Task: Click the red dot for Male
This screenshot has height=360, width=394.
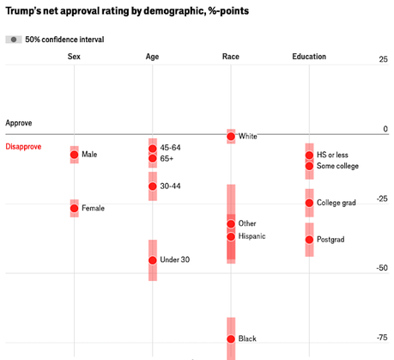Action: (75, 155)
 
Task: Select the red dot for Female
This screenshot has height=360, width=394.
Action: (75, 208)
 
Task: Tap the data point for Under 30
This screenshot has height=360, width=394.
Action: (153, 260)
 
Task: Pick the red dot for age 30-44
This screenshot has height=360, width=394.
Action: (153, 186)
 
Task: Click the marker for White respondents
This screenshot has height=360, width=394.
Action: (231, 136)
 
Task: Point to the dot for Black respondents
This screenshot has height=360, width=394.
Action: (231, 339)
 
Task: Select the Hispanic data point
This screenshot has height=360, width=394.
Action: (231, 236)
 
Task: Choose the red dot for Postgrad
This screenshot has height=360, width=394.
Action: (309, 240)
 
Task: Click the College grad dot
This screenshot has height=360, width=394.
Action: (309, 203)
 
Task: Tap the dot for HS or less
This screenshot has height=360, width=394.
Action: (309, 156)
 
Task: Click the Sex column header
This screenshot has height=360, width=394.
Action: (75, 57)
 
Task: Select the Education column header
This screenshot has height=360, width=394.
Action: (309, 57)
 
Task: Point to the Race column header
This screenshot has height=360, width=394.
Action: (231, 57)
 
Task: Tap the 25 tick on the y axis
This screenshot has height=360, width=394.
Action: (383, 59)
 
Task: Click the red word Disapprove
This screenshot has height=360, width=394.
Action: (24, 147)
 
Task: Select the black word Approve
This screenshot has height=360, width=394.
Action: (19, 124)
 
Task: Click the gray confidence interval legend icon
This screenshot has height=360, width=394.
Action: (14, 40)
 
